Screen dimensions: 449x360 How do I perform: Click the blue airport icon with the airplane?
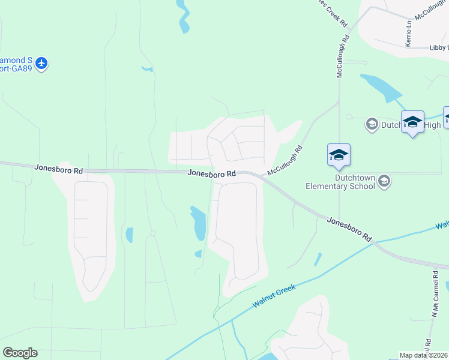tap(41, 63)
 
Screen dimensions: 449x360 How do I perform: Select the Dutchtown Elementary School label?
tap(339, 182)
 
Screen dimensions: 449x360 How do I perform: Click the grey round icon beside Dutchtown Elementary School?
tap(384, 181)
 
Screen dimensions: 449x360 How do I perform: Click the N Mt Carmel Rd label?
tap(432, 293)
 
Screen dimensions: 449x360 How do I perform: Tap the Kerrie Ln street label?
tap(409, 34)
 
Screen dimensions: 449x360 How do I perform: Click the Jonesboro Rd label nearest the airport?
tap(59, 170)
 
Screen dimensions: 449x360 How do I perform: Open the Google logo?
tap(20, 353)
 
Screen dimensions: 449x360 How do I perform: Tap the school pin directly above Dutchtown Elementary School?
tap(339, 155)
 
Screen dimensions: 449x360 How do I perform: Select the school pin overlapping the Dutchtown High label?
tap(412, 122)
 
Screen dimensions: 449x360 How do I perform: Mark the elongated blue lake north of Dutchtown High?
tap(381, 88)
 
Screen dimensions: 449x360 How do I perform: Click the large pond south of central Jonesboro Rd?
tap(198, 223)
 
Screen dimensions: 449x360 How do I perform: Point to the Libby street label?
tap(439, 47)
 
